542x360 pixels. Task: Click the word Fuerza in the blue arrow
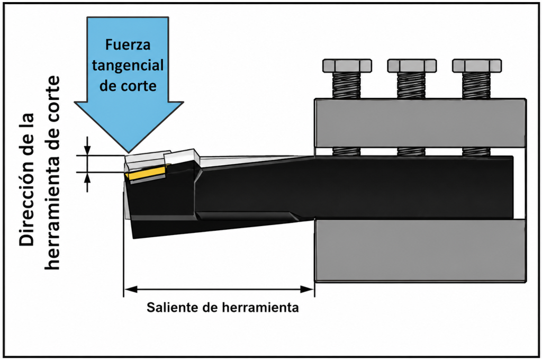tap(128, 45)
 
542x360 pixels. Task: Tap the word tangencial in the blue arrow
tap(128, 65)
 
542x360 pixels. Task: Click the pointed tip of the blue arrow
tap(129, 152)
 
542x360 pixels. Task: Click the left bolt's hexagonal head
tap(347, 66)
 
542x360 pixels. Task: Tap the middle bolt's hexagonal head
tap(412, 66)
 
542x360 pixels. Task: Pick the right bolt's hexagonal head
tap(477, 66)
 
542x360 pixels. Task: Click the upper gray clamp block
tap(420, 123)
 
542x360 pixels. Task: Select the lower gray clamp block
tap(420, 251)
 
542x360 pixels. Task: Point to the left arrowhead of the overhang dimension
tap(131, 289)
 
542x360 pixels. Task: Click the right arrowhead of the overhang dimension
tap(307, 289)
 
